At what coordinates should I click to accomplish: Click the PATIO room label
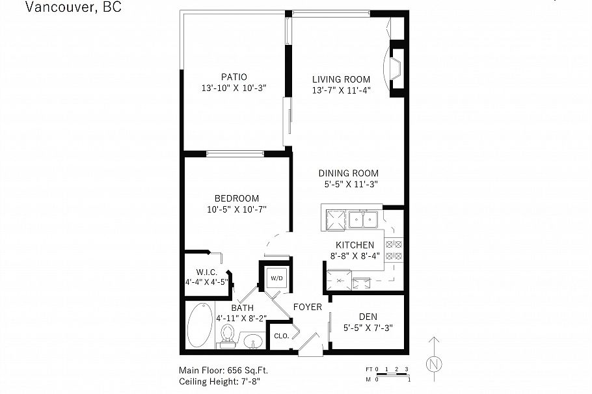tap(233, 77)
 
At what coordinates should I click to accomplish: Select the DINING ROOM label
tap(348, 174)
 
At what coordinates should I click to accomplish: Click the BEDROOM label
tap(237, 198)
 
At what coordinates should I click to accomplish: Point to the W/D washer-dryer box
tap(276, 278)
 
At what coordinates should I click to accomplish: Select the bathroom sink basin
tap(253, 341)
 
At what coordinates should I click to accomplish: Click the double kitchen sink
tap(363, 220)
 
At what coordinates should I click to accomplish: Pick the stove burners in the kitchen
tap(394, 250)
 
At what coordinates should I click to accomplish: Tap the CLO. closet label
tap(281, 336)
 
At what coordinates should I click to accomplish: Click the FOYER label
tap(308, 307)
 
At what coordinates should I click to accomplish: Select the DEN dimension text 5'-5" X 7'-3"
tap(368, 328)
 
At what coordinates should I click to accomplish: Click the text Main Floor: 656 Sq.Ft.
tap(224, 370)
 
